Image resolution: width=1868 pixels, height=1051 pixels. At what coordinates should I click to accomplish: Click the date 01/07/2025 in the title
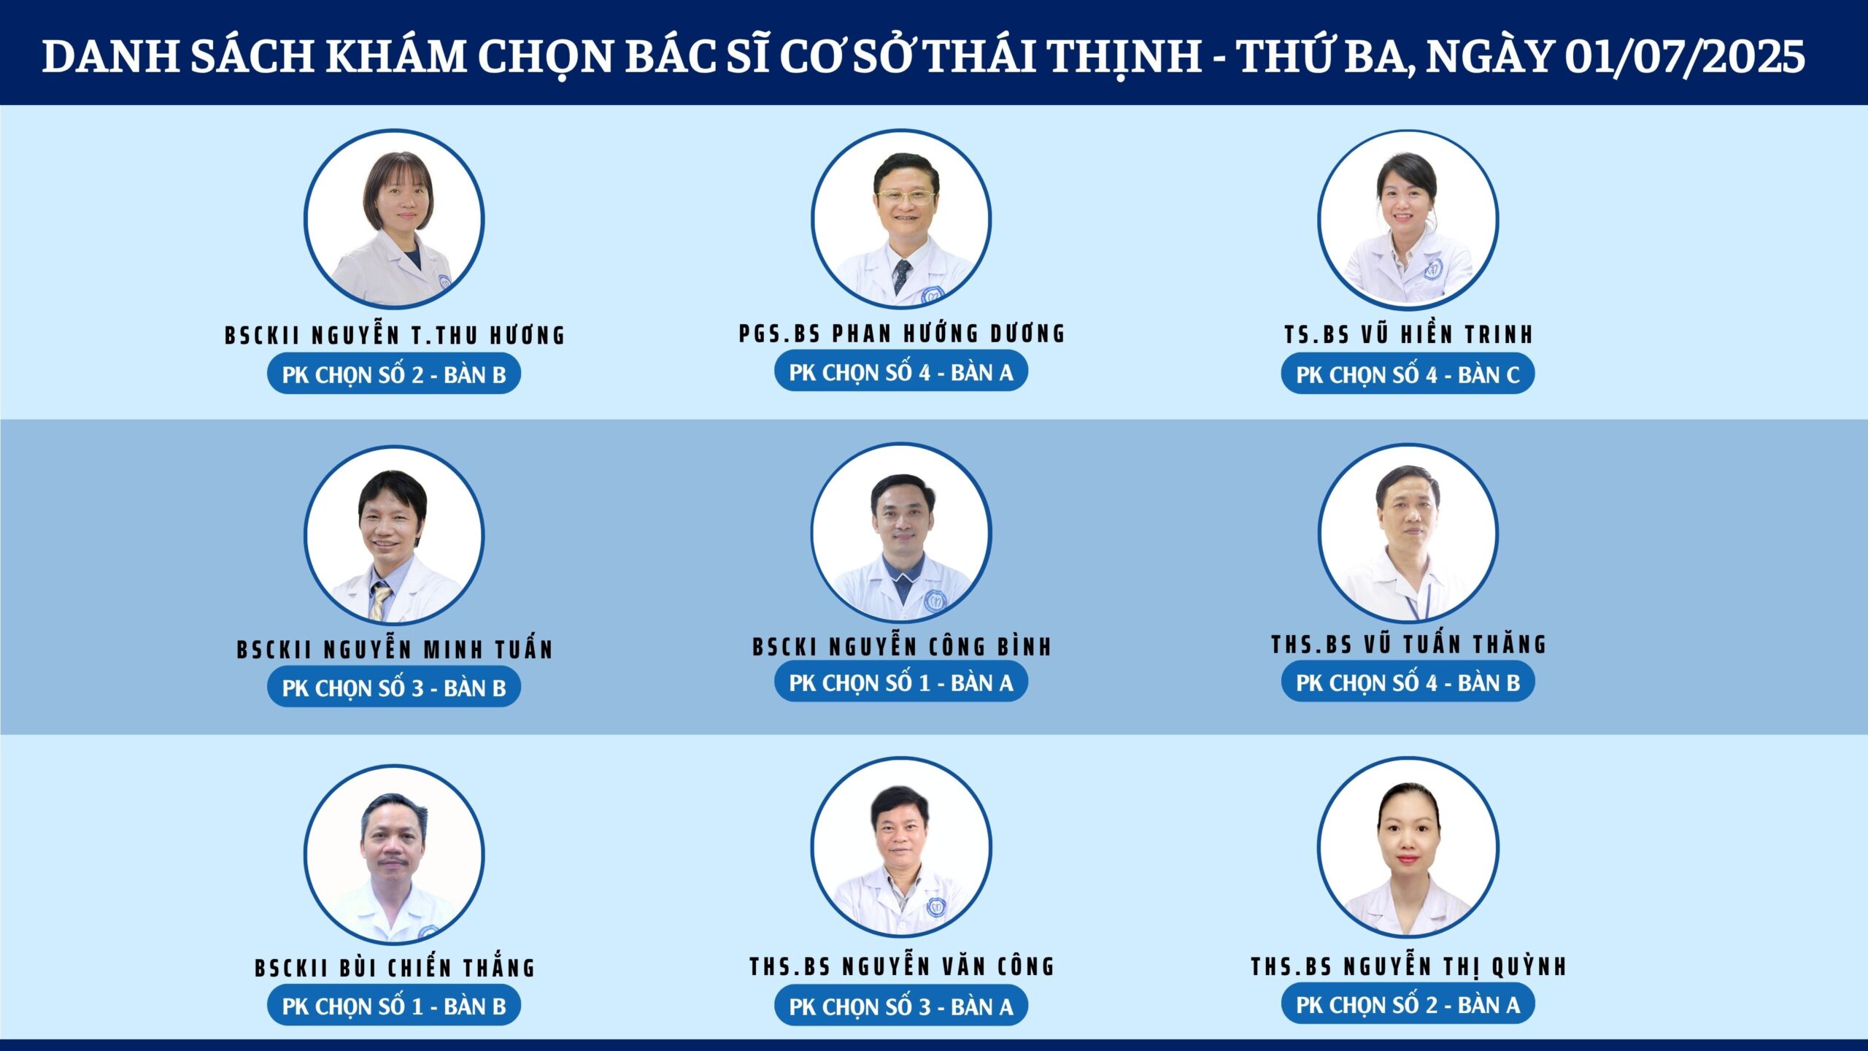point(1685,56)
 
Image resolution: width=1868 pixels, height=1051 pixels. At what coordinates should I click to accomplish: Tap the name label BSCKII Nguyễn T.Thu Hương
point(395,334)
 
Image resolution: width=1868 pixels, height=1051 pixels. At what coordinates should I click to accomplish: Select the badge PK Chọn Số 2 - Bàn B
point(394,374)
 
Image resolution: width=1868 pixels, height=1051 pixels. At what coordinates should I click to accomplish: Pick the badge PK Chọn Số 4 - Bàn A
point(901,371)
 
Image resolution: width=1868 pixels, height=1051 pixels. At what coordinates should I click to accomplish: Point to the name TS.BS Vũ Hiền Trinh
point(1408,334)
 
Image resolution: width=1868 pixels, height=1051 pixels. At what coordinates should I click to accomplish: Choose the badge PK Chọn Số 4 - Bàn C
point(1408,374)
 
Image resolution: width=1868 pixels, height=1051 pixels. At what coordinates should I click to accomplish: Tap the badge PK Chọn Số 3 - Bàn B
point(394,688)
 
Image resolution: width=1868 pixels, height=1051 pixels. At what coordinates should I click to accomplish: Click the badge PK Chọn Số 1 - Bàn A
point(901,682)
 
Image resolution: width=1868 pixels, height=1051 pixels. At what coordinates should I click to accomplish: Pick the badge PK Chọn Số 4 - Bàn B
point(1408,682)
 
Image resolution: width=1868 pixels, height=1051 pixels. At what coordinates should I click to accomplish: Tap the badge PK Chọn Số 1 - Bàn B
point(394,1006)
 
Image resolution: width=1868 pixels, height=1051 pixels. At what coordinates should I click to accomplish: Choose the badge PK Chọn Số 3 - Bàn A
point(901,1006)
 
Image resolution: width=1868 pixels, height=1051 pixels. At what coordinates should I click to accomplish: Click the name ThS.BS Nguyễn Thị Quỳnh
point(1409,966)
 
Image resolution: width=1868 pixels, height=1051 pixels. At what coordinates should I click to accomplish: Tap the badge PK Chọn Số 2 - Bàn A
point(1408,1004)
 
